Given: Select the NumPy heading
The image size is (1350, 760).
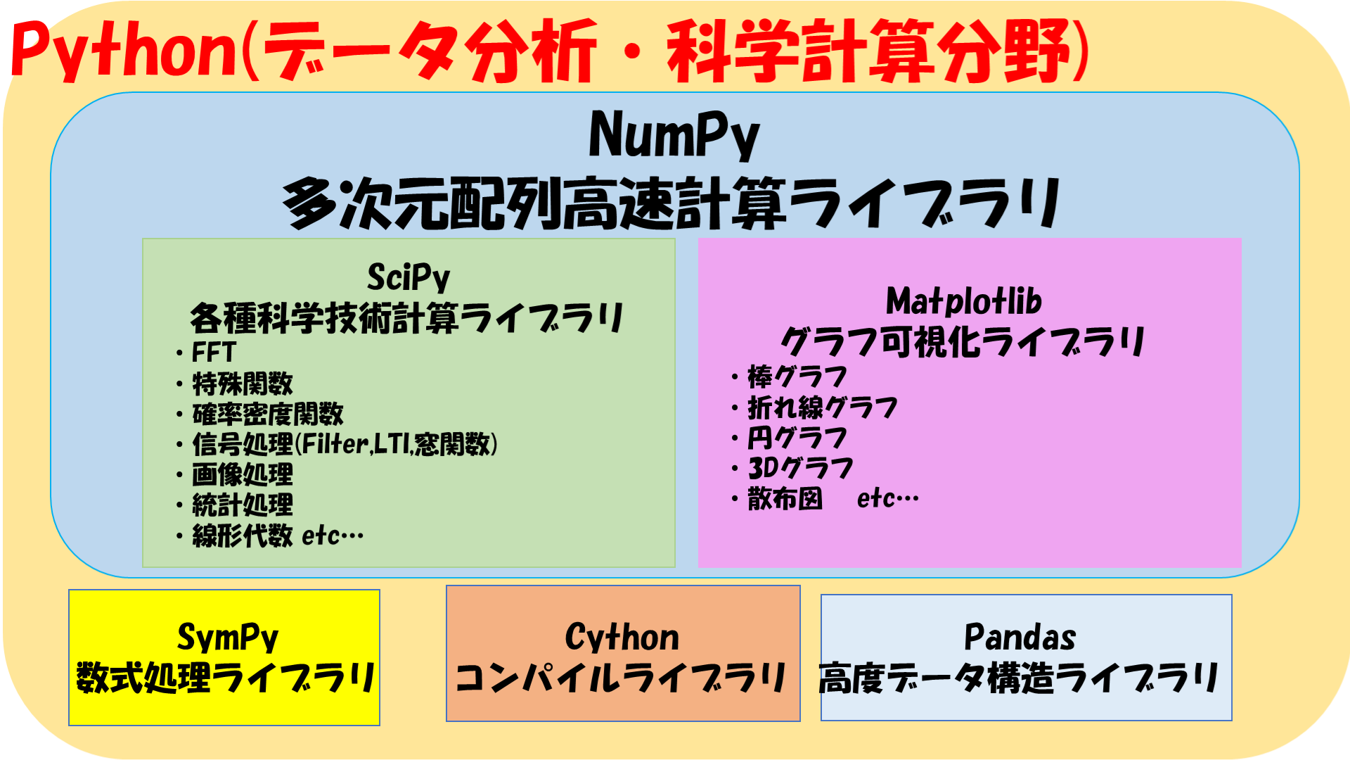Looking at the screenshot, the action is (x=674, y=135).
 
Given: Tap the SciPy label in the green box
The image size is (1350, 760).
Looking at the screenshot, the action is (x=409, y=277).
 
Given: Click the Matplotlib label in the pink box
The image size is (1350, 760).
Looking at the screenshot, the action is (x=964, y=301).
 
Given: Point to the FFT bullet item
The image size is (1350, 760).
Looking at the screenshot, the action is (x=214, y=352).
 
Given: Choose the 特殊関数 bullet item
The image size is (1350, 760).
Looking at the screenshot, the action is (x=243, y=384).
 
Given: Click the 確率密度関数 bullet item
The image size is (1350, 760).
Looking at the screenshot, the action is (x=268, y=414).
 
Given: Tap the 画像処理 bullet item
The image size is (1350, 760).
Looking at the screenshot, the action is (x=243, y=474).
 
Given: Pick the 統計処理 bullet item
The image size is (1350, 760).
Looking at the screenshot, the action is (x=243, y=505).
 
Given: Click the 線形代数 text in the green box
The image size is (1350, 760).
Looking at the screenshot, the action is (x=243, y=536).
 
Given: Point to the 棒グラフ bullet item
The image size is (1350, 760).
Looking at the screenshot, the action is (x=797, y=377).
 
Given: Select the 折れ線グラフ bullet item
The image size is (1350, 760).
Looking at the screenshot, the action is (x=823, y=407).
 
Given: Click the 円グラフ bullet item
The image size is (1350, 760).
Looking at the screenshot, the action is (x=797, y=438).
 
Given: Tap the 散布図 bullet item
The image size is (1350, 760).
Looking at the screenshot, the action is (x=785, y=498).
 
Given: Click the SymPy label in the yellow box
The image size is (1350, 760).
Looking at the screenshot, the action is (x=228, y=638).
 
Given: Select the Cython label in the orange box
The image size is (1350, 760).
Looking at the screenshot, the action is (x=622, y=638).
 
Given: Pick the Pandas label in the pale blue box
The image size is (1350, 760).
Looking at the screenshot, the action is (x=1020, y=638).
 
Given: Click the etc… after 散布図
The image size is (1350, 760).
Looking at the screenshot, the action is (x=887, y=498).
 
